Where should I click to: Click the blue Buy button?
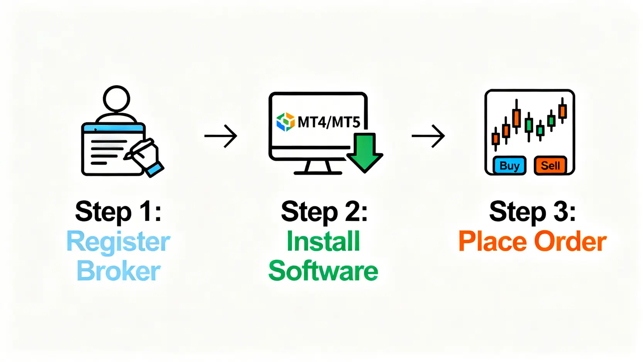[509, 166]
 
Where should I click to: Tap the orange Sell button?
[550, 166]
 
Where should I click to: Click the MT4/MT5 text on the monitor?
[329, 122]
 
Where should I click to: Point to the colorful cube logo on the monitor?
[286, 122]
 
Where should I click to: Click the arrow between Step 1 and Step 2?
[221, 136]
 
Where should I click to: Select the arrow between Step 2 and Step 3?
[428, 136]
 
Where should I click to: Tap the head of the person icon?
[116, 99]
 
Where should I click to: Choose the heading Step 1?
[118, 212]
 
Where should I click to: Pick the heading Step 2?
[324, 212]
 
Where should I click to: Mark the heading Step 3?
[532, 212]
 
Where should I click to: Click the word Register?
[118, 242]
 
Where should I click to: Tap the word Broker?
[118, 271]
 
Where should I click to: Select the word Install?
[323, 242]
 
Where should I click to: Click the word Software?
[323, 271]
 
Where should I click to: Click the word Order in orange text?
[570, 242]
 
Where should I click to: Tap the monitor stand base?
[318, 172]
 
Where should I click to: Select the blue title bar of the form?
[113, 128]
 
